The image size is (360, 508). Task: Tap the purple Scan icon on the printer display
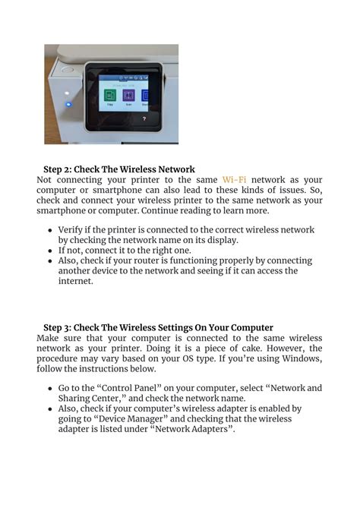tap(128, 96)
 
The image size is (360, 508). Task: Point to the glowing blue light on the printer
tap(68, 104)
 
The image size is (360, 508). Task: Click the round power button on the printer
tap(68, 70)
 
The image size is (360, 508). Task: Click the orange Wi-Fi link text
tap(235, 180)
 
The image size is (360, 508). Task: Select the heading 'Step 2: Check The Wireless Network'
tap(119, 169)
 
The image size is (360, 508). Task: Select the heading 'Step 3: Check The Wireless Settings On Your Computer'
tap(158, 327)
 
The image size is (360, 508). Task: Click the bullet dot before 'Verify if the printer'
tap(51, 229)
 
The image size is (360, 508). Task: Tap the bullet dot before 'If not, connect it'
tap(51, 250)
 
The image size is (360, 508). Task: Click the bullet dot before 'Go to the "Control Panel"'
tap(51, 388)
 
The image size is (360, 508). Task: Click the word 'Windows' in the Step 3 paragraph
tap(302, 358)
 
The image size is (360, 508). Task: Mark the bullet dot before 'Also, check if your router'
tap(51, 260)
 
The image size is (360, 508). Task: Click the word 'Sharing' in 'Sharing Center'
tap(78, 398)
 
